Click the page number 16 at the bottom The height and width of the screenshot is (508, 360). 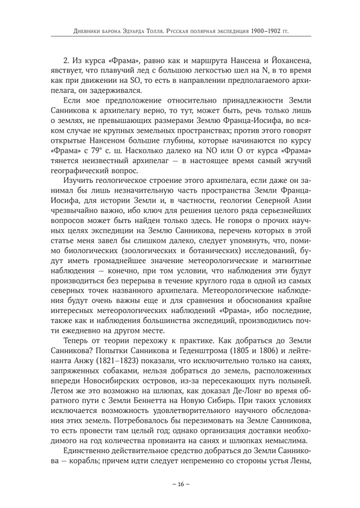click(x=180, y=484)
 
